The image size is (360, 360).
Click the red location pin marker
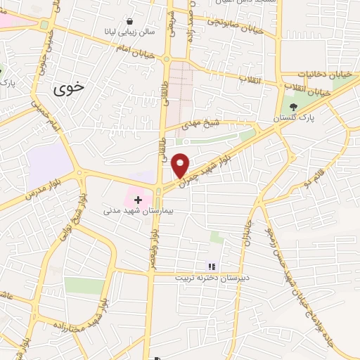181,164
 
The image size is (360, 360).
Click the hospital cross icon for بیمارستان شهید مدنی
138,200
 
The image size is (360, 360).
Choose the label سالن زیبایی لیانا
131,32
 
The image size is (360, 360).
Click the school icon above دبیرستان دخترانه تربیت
210,266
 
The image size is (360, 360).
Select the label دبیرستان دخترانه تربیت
211,277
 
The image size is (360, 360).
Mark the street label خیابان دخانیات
324,73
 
